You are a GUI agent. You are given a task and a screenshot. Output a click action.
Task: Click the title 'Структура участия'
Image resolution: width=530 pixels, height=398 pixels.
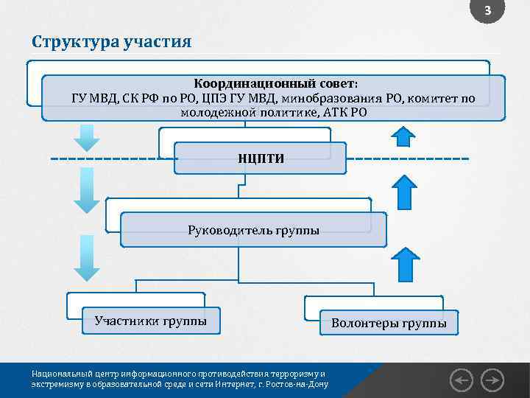click(x=111, y=41)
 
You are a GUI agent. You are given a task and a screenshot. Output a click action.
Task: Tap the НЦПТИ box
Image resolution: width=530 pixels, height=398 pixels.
click(x=261, y=158)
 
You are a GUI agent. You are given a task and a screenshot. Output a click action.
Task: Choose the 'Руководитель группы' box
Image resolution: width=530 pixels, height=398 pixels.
click(x=253, y=230)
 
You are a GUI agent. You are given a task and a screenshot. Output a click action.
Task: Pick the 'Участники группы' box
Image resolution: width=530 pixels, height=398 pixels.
click(x=150, y=321)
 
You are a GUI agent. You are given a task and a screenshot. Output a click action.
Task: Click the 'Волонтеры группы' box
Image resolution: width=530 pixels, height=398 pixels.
click(x=388, y=323)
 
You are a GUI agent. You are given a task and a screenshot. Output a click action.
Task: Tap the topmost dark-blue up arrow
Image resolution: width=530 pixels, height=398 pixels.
click(x=403, y=135)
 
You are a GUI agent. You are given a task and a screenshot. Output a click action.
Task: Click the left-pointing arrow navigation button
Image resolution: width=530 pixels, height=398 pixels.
click(x=462, y=380)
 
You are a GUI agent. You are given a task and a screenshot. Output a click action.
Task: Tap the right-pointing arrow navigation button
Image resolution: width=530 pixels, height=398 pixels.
click(x=492, y=380)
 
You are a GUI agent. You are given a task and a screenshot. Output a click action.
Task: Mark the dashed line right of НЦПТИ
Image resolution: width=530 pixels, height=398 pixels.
click(x=407, y=158)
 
